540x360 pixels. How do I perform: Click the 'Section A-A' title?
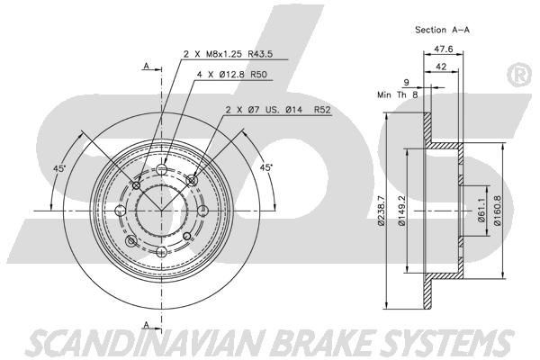click(442, 29)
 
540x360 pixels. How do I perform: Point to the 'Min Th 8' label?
click(397, 94)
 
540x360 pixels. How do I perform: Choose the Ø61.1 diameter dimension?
click(481, 213)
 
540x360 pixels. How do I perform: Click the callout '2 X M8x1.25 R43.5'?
click(228, 54)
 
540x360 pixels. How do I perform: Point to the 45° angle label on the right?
click(266, 167)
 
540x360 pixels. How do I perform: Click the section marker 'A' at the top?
click(145, 66)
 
